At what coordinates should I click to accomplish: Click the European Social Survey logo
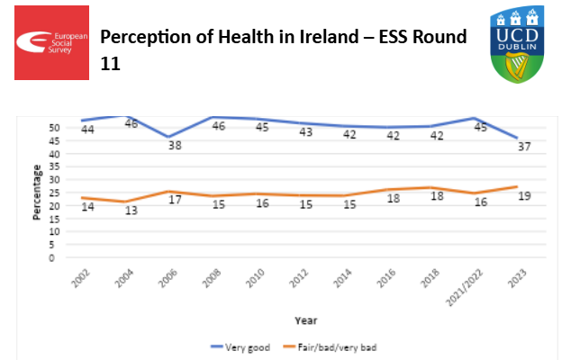pos(51,41)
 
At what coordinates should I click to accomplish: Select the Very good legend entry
pos(243,346)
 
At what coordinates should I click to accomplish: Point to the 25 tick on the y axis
pos(53,193)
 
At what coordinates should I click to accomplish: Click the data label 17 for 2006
pos(175,200)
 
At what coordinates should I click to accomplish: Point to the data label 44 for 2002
pos(87,130)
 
